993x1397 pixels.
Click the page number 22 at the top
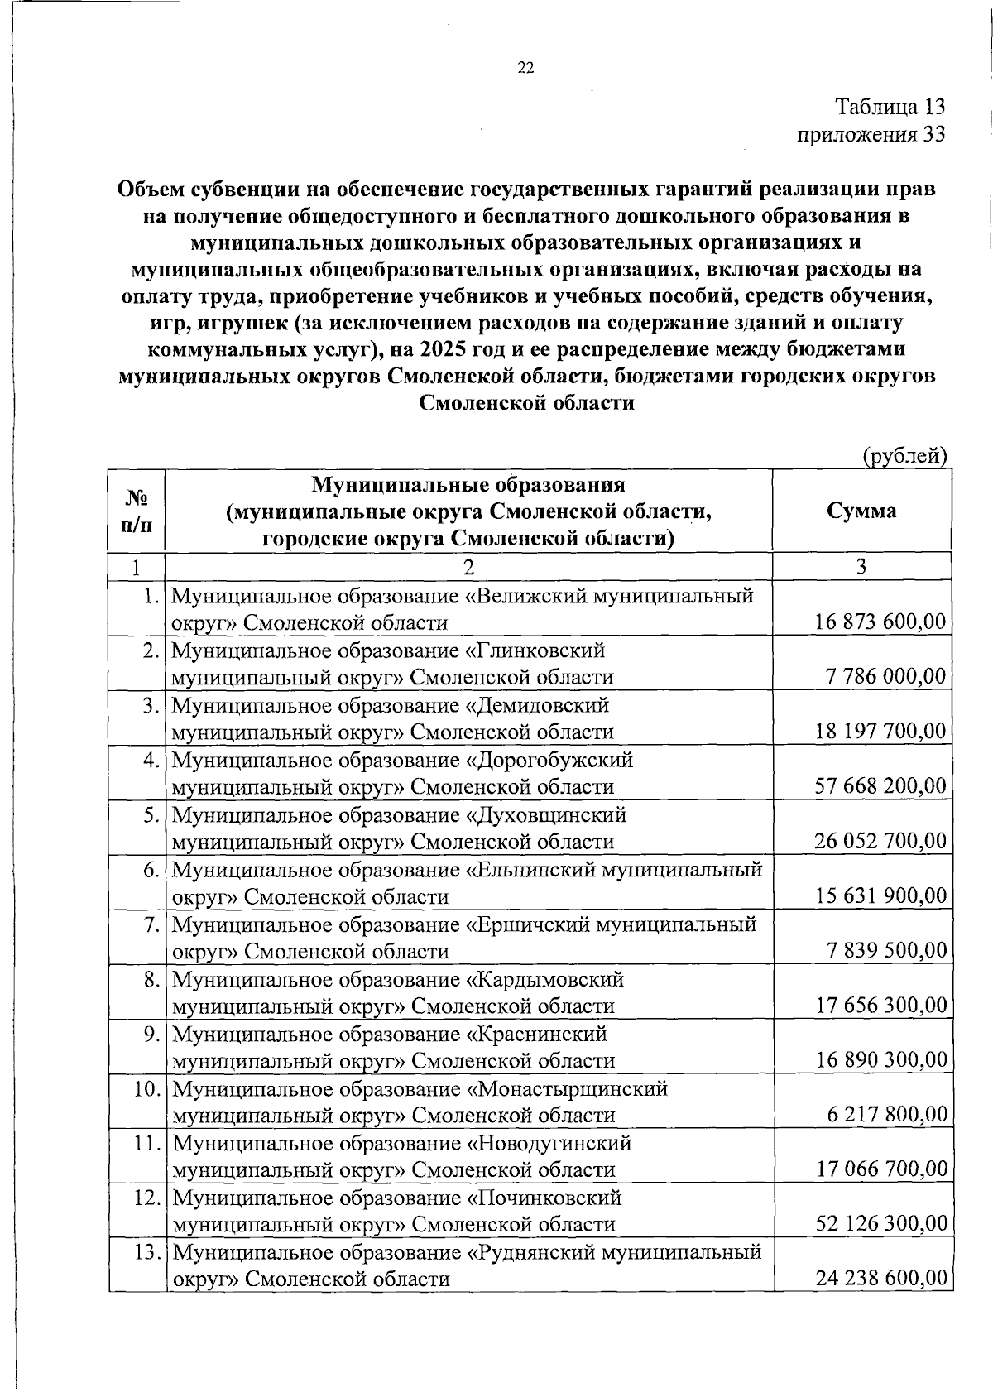(x=525, y=69)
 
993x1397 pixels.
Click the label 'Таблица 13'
(x=890, y=107)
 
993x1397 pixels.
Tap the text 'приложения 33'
(x=871, y=134)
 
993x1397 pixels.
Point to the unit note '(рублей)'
(x=904, y=455)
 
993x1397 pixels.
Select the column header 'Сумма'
(x=861, y=511)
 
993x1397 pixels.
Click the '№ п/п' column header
(x=137, y=511)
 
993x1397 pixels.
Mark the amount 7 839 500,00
(x=886, y=950)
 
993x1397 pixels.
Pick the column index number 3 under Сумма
(x=861, y=566)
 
